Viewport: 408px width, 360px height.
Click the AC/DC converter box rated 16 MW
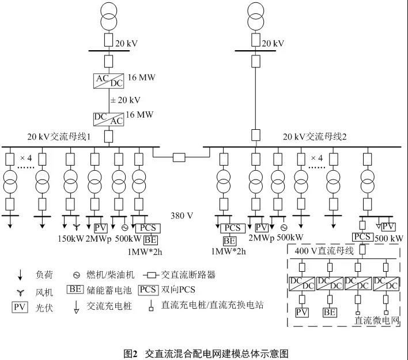108,80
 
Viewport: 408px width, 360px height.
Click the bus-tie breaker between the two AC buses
180,156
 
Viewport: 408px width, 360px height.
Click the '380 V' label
182,216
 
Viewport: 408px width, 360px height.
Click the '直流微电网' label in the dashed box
377,320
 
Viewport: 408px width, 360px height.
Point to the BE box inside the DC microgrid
330,312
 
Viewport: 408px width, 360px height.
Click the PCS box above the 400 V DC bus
362,237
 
